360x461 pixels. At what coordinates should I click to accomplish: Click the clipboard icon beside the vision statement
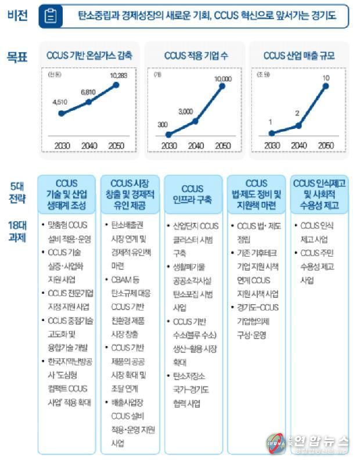[51, 16]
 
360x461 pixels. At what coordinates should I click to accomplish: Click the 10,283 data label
[117, 77]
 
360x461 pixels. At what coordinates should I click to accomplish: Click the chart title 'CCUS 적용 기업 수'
[194, 56]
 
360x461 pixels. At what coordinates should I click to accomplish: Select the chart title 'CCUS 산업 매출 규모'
[298, 56]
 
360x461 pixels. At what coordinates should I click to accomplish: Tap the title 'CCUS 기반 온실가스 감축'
[89, 56]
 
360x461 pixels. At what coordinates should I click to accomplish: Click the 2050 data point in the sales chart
[326, 87]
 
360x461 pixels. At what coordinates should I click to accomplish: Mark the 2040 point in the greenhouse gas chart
[89, 102]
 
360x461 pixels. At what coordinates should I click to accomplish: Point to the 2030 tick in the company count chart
[168, 145]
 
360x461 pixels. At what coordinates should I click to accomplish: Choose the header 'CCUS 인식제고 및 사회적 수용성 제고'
[319, 195]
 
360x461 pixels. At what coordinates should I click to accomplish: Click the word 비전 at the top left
[17, 16]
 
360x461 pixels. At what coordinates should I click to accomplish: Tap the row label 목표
[17, 56]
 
